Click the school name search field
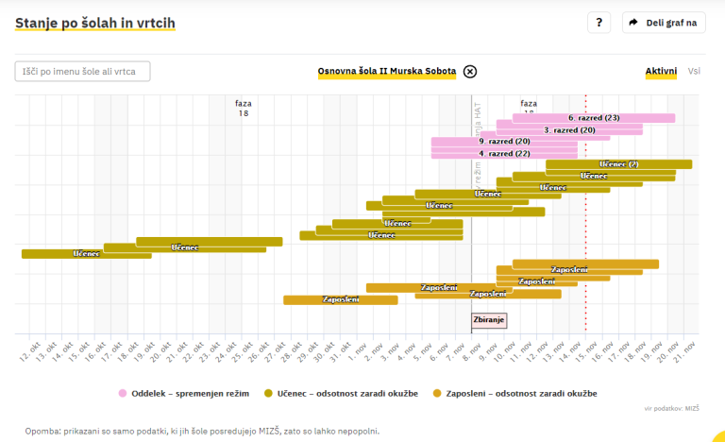tap(82, 71)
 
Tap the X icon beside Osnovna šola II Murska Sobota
tap(470, 72)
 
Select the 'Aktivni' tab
tap(661, 72)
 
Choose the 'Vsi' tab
tap(694, 72)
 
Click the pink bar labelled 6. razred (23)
tap(594, 118)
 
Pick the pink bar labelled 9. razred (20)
tap(504, 142)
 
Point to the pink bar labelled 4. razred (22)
tap(504, 153)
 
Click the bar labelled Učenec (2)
tap(619, 164)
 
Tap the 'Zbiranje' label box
tap(489, 320)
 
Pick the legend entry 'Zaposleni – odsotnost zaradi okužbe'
tap(514, 393)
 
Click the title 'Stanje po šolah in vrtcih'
tap(95, 23)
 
